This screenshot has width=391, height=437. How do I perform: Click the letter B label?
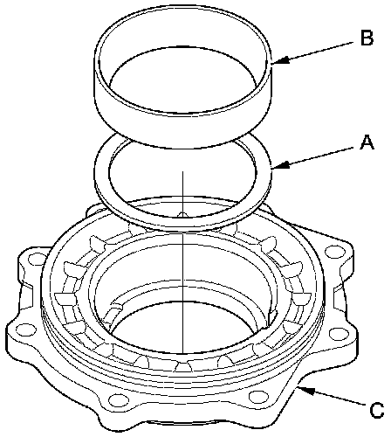(x=367, y=38)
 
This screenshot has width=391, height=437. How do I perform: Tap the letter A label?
(x=367, y=142)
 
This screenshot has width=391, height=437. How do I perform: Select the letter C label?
(x=377, y=411)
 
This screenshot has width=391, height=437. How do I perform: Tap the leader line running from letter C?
(x=331, y=396)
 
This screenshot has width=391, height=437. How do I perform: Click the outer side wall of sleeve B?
(x=183, y=128)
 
